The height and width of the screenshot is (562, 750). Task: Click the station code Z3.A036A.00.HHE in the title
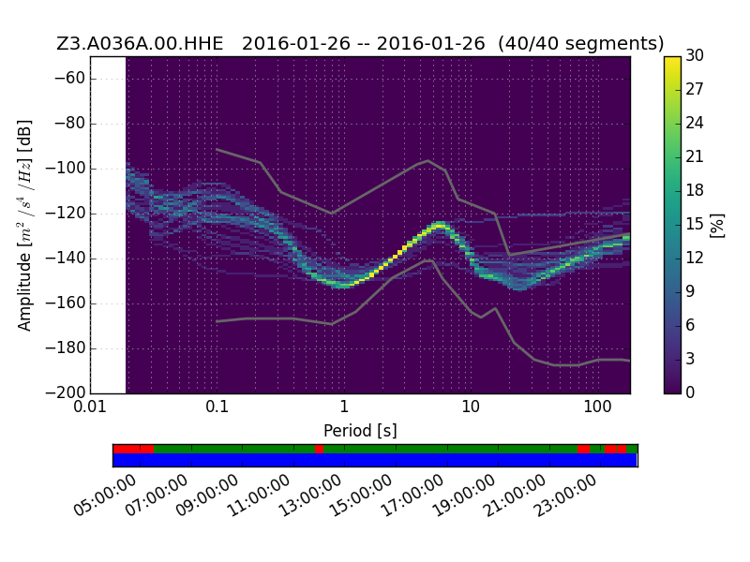pos(140,43)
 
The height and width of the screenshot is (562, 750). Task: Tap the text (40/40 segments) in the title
pos(580,43)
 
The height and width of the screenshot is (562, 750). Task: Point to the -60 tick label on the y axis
pos(68,79)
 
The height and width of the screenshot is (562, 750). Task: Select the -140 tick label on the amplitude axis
pos(65,259)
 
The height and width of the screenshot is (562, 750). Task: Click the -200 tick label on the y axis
pos(65,392)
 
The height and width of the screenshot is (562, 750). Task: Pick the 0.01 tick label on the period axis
pos(90,407)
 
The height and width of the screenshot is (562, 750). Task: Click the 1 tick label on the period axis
pos(343,407)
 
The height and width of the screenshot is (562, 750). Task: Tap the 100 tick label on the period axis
pos(597,407)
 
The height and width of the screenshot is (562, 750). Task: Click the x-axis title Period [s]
pos(360,431)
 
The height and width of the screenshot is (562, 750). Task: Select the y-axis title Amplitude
pos(24,291)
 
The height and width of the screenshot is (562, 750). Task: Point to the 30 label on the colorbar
pos(695,55)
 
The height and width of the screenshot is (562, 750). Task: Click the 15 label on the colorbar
pos(695,224)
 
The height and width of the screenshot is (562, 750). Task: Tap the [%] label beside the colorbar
pos(717,225)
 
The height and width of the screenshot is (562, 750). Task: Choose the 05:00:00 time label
pos(105,495)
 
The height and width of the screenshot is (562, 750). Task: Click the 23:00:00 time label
pos(565,495)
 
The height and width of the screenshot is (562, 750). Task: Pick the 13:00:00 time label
pos(309,495)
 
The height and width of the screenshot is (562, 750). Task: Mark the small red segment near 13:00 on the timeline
pos(319,449)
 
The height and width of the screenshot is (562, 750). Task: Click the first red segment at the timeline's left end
pos(133,449)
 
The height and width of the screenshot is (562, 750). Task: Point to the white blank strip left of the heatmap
pos(108,225)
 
